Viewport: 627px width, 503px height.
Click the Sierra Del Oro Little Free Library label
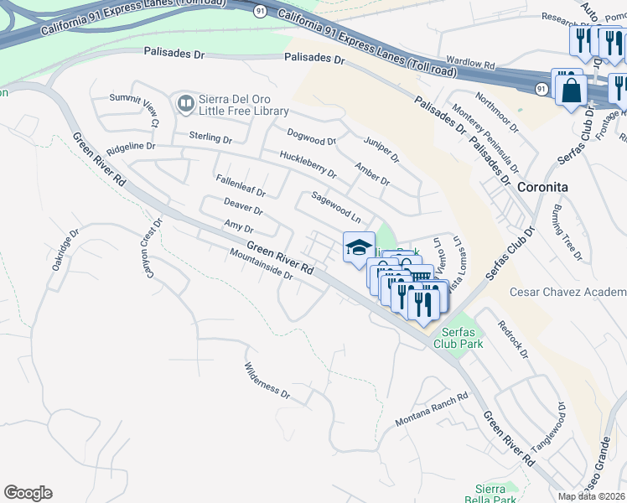243,103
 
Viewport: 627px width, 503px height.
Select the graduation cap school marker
359,247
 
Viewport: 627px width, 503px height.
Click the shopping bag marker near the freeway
570,88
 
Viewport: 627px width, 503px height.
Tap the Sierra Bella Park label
490,494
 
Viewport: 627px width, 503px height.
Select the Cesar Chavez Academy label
568,292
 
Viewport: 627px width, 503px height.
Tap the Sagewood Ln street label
335,207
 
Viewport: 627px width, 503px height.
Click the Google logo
28,493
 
